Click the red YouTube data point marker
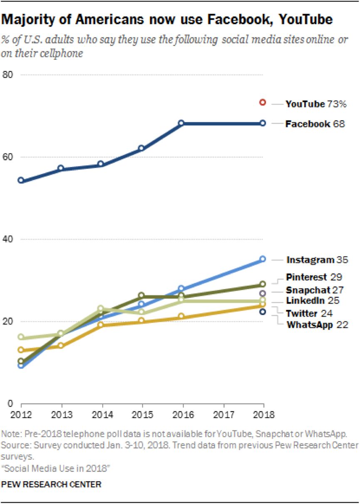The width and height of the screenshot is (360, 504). [x=263, y=102]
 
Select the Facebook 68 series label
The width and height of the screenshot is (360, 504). [x=315, y=124]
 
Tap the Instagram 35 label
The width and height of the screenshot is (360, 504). [x=317, y=260]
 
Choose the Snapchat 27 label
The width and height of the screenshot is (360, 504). [x=314, y=290]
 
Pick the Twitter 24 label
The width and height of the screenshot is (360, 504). [x=310, y=313]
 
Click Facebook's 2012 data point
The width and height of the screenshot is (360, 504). [x=21, y=180]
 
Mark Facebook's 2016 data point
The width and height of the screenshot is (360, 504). [x=181, y=123]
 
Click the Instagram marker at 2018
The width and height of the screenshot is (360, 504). [x=263, y=259]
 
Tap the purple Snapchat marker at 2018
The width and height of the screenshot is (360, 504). [x=263, y=293]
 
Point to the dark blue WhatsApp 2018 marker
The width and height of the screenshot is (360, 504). [x=263, y=312]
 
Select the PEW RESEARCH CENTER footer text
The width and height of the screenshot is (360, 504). [x=51, y=484]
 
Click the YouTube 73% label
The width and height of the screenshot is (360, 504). [x=315, y=104]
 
